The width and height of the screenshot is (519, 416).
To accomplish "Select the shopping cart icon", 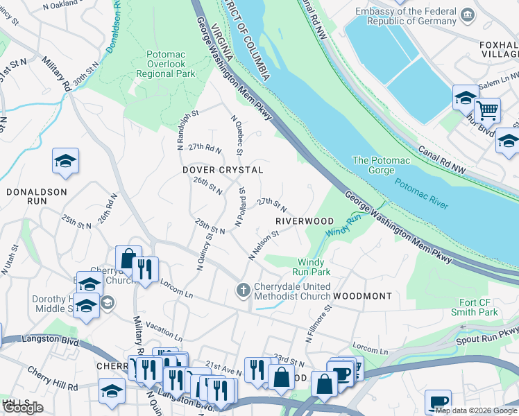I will point(487,110).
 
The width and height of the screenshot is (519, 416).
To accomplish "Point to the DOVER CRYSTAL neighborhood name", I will point(223,170).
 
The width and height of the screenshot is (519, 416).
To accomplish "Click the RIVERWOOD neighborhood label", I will point(305,221).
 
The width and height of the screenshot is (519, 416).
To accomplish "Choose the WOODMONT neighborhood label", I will point(362,296).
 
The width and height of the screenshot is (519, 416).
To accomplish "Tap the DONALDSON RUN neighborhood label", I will point(37,196).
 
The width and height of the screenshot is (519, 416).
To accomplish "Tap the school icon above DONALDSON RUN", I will point(66,161).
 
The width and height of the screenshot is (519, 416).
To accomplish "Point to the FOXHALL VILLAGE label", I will point(498,49).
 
